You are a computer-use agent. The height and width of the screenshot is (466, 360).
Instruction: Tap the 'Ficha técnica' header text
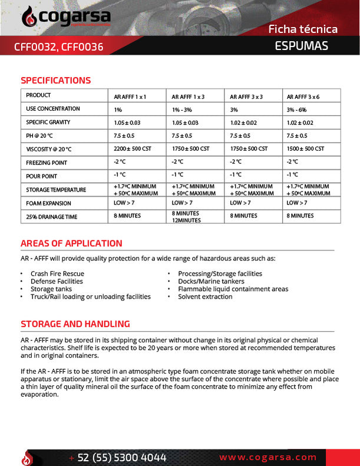303,29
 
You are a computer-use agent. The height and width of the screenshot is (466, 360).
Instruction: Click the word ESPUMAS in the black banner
301,46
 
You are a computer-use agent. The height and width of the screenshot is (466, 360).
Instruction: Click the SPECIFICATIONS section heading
56,81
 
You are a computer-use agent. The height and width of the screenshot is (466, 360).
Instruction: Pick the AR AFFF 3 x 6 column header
303,96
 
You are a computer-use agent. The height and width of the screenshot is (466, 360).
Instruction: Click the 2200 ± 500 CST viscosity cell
133,149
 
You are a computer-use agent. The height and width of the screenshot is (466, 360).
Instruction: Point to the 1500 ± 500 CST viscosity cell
305,149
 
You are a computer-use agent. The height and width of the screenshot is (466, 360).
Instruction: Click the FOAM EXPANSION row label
48,203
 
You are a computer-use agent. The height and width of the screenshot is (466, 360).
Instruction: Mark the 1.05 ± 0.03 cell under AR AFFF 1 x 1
127,123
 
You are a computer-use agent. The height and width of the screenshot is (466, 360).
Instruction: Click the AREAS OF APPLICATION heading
71,243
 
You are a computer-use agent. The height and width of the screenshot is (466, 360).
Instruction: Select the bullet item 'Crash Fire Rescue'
57,273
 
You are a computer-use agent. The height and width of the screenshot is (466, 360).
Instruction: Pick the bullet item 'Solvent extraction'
205,296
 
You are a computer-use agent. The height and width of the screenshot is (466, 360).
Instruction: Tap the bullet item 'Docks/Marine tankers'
211,281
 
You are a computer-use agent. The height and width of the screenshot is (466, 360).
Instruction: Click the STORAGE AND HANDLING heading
75,324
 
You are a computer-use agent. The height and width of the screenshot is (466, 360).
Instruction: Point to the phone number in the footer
121,458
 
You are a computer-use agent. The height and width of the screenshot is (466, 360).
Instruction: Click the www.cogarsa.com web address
268,457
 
